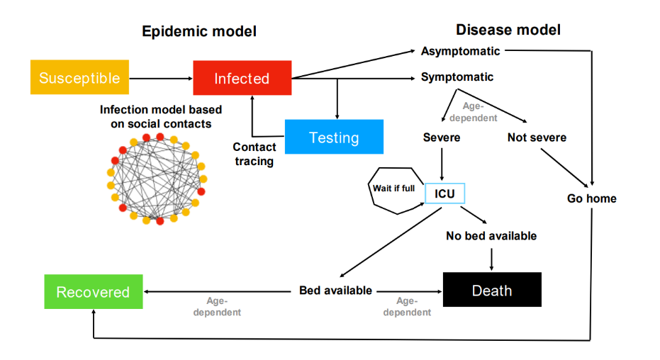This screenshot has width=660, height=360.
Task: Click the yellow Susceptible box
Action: click(79, 78)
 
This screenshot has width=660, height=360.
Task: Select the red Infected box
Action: click(242, 78)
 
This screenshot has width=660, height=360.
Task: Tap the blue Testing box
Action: click(334, 137)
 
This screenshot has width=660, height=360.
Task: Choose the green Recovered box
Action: click(93, 292)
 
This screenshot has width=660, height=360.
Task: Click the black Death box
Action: click(492, 290)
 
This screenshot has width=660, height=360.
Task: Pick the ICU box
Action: click(444, 193)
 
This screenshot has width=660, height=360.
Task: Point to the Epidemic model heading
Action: click(199, 31)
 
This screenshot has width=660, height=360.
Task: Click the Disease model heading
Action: click(508, 30)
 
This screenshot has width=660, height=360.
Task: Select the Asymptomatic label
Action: click(460, 51)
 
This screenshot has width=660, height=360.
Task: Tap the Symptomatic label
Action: click(457, 77)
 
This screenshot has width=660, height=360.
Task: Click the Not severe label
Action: click(537, 137)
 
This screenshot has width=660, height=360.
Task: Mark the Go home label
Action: click(592, 198)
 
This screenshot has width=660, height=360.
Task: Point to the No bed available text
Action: click(491, 235)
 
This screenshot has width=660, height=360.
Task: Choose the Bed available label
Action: click(336, 291)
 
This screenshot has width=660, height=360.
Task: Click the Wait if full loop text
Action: click(393, 189)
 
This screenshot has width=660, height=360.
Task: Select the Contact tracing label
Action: click(255, 154)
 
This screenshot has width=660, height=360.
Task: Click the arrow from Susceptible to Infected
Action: click(162, 78)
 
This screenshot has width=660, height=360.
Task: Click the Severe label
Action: click(441, 137)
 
